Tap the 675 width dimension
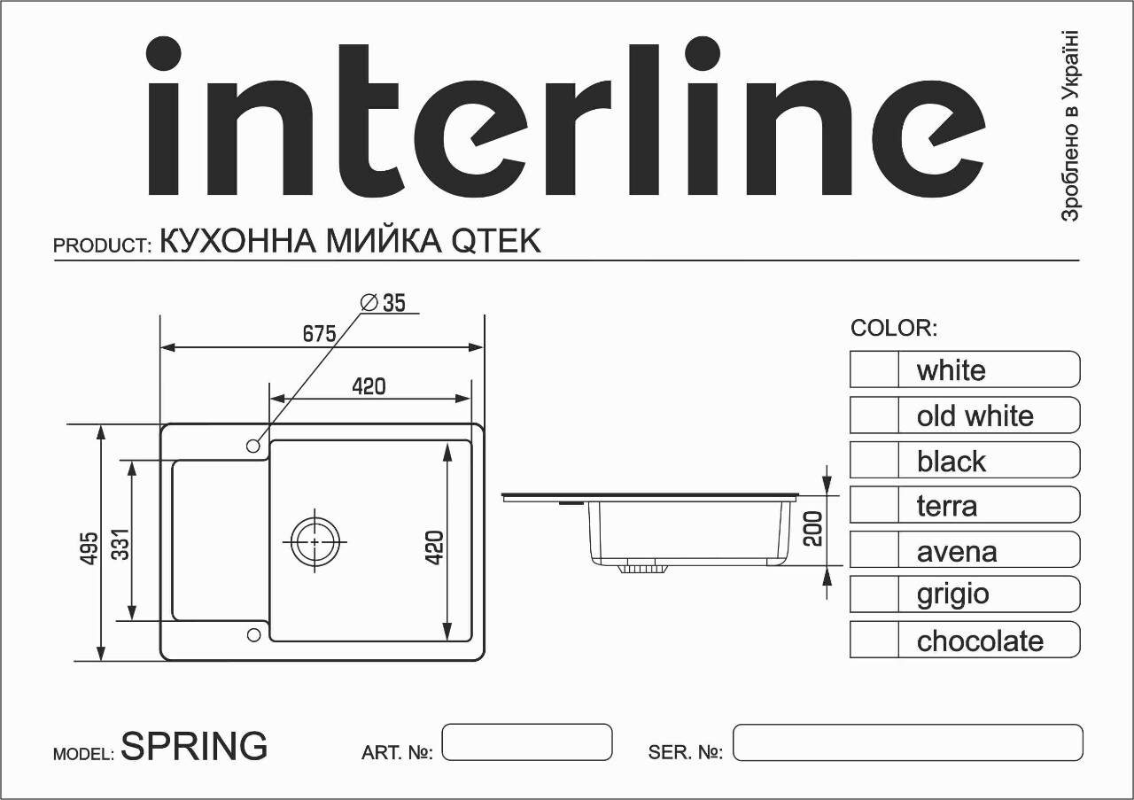tap(319, 334)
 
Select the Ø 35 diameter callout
tap(384, 303)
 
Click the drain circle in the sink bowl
tap(315, 541)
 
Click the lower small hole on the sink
tap(254, 634)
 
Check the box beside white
tap(874, 369)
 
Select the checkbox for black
tap(874, 460)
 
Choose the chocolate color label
tap(980, 641)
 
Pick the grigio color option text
tap(952, 594)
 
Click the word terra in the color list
tap(947, 506)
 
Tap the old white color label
tap(975, 416)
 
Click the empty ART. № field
tap(527, 742)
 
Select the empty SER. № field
tap(907, 742)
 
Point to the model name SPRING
tap(194, 747)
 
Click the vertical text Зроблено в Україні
tap(1070, 126)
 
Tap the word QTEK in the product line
tap(496, 241)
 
